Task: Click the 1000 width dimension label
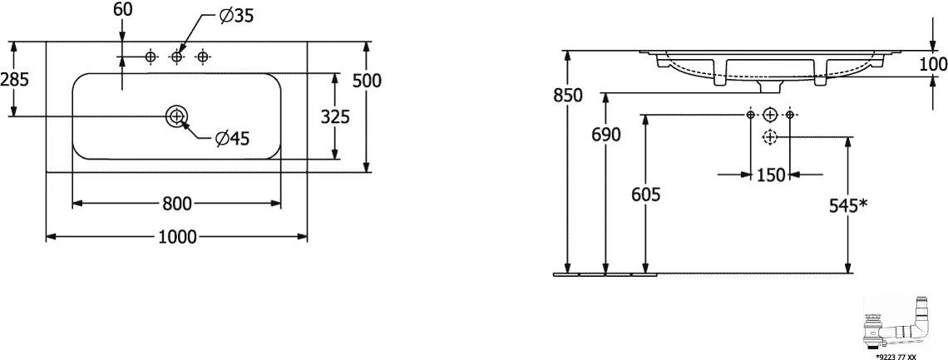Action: (178, 238)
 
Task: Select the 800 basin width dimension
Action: (177, 204)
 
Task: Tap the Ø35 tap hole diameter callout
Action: (236, 17)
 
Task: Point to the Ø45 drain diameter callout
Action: (232, 139)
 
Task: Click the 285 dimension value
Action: (15, 79)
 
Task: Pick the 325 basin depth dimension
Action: (335, 116)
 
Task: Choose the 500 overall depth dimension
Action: (367, 81)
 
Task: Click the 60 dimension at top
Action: (122, 9)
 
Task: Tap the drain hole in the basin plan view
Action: (176, 116)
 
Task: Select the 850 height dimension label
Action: (567, 95)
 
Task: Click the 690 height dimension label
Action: (605, 136)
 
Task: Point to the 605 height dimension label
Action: (645, 195)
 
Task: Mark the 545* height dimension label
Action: (850, 205)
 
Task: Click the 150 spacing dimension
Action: (771, 175)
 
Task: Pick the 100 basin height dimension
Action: (932, 64)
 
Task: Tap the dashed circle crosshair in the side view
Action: (770, 137)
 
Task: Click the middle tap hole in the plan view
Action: (176, 57)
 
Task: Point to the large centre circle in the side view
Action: (770, 114)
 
